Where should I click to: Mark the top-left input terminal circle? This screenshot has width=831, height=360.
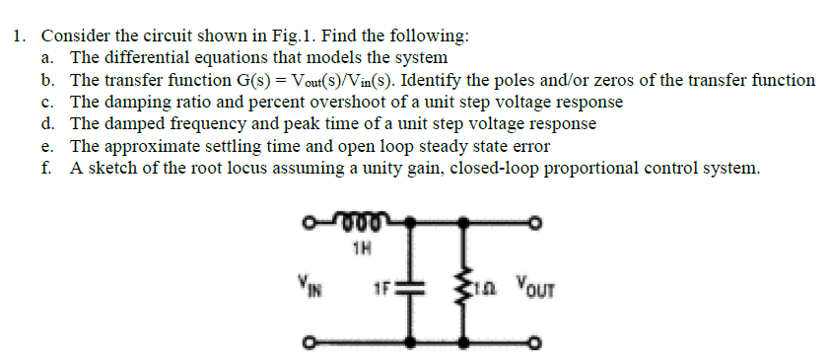(x=308, y=221)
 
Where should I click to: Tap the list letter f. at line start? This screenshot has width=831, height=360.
(x=47, y=168)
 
